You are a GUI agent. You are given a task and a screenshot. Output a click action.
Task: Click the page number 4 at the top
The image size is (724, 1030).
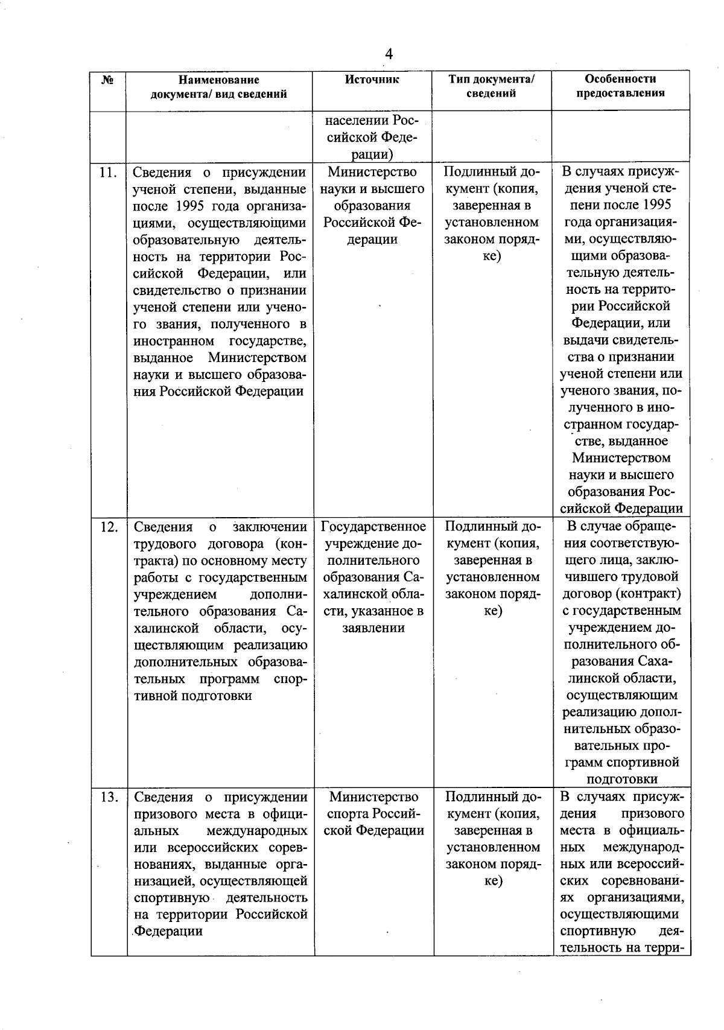click(x=389, y=55)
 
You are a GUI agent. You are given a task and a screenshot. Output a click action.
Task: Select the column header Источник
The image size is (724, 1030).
click(x=372, y=80)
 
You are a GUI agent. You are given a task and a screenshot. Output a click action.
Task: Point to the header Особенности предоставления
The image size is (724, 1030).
click(x=620, y=86)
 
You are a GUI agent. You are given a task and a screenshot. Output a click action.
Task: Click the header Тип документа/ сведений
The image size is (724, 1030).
click(x=492, y=86)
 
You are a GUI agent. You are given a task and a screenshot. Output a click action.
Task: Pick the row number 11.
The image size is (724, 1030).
click(x=108, y=173)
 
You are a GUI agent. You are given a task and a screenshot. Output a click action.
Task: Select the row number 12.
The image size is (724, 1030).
click(x=108, y=527)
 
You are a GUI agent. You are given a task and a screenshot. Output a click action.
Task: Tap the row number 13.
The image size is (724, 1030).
click(x=108, y=798)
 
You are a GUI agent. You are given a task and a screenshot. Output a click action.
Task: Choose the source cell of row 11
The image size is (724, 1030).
click(x=373, y=206)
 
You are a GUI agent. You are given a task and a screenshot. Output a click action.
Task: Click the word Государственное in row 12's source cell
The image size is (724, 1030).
click(x=373, y=527)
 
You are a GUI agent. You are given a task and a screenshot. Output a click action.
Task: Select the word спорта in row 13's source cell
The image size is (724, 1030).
click(x=354, y=815)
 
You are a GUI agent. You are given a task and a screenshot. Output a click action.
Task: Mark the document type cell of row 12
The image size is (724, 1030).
click(x=492, y=569)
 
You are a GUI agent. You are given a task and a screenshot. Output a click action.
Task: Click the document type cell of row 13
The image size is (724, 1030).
click(x=492, y=839)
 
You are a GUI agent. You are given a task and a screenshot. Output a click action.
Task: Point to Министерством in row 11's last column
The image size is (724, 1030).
click(x=621, y=458)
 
